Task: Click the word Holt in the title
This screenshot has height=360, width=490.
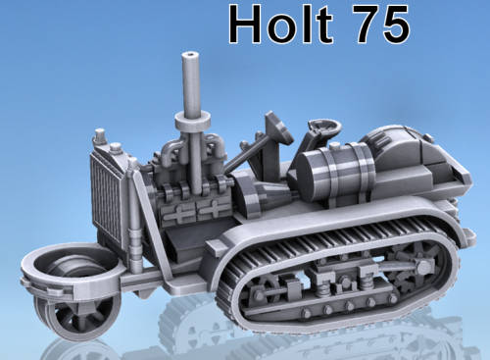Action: point(281,24)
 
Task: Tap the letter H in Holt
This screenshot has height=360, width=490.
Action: point(245,24)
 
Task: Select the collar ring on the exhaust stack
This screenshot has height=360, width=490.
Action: point(192,122)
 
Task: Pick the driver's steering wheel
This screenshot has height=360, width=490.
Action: point(324,127)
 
